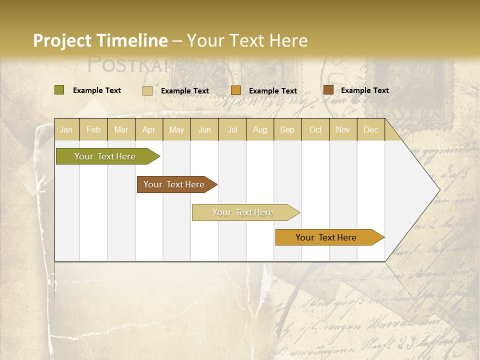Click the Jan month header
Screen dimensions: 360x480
66,129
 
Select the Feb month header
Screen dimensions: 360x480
93,129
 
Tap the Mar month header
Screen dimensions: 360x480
121,129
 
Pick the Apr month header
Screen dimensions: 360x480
149,129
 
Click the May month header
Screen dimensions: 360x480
176,129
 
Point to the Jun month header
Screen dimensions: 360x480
204,129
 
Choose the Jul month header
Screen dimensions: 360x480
232,129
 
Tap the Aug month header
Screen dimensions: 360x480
260,129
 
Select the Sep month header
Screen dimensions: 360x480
287,129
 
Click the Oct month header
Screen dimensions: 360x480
315,129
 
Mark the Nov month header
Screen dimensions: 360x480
343,129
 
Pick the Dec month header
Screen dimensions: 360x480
371,129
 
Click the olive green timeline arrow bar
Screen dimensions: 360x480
105,156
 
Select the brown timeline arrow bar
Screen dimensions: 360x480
174,184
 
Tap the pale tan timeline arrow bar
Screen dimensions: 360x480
243,212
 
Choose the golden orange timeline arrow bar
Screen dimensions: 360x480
326,237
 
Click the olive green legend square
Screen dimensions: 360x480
59,90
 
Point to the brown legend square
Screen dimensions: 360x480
328,90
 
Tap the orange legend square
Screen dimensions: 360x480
236,90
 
